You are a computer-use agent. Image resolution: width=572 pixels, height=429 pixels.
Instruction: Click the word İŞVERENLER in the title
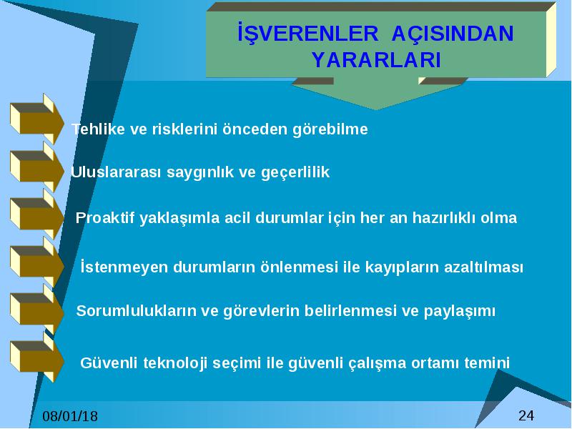(x=308, y=34)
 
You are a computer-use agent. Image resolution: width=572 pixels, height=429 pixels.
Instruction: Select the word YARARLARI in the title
(x=377, y=60)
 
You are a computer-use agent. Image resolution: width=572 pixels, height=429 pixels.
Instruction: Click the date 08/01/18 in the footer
(x=70, y=416)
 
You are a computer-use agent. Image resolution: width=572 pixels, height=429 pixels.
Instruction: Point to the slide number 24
(x=526, y=415)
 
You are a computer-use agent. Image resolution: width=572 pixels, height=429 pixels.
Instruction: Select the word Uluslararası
(x=116, y=172)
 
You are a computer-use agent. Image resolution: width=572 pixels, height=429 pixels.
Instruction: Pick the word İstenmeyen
(x=124, y=267)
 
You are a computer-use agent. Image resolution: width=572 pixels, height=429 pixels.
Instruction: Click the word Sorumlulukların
(x=136, y=311)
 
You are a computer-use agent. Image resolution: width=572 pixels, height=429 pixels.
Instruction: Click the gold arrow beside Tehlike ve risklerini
(x=37, y=119)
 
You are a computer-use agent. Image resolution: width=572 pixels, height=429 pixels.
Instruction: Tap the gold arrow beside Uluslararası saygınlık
(x=37, y=167)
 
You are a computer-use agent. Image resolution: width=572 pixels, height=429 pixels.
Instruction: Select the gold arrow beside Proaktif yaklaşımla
(x=37, y=214)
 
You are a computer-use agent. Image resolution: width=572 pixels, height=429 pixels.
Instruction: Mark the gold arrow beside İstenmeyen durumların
(x=37, y=262)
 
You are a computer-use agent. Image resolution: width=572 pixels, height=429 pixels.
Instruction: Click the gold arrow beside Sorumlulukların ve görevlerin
(x=37, y=310)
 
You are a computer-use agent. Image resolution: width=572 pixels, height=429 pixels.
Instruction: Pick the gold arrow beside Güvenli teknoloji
(x=37, y=357)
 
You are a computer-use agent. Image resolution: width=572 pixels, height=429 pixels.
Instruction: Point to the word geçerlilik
(x=295, y=172)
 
